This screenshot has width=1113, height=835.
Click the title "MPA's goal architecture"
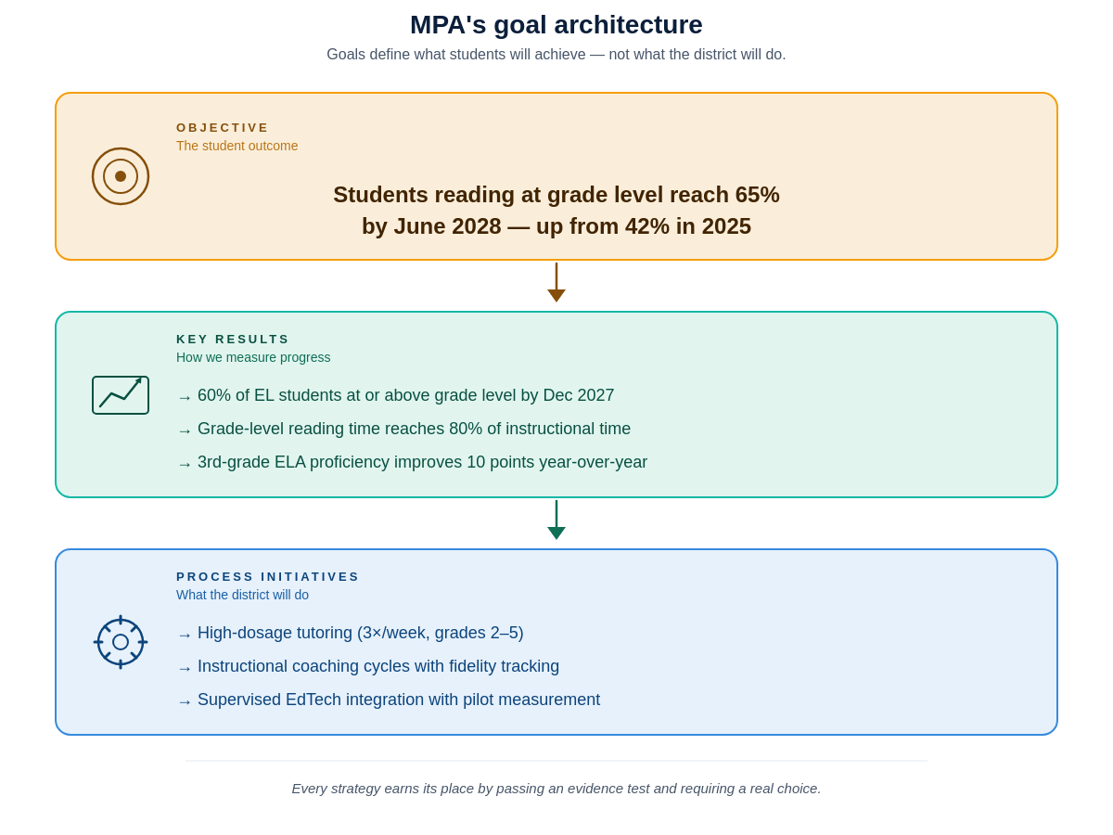point(556,25)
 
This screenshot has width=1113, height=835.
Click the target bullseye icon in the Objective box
point(121,176)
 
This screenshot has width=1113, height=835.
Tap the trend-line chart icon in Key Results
point(121,395)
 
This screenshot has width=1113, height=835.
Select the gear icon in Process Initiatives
point(121,642)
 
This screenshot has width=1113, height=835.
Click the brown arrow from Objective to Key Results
point(556,283)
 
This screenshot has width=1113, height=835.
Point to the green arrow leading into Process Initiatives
point(556,520)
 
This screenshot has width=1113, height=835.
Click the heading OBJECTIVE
point(223,128)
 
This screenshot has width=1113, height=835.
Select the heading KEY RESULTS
point(233,340)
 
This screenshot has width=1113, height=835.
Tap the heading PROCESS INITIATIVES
point(268,577)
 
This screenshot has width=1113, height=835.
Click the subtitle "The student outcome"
point(237,146)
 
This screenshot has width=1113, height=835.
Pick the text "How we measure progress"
point(253,357)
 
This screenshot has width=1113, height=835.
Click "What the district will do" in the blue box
point(242,595)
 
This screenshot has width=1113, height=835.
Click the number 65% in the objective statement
point(757,195)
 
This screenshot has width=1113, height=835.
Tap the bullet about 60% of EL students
point(405,395)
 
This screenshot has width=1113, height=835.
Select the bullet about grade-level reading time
point(414,429)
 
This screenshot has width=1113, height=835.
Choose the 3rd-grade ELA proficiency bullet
point(422,462)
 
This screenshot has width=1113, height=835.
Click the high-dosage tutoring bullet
point(360,633)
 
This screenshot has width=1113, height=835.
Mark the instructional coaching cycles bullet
point(378,666)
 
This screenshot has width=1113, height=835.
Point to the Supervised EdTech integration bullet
point(399,700)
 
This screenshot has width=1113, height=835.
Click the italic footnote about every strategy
point(556,789)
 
